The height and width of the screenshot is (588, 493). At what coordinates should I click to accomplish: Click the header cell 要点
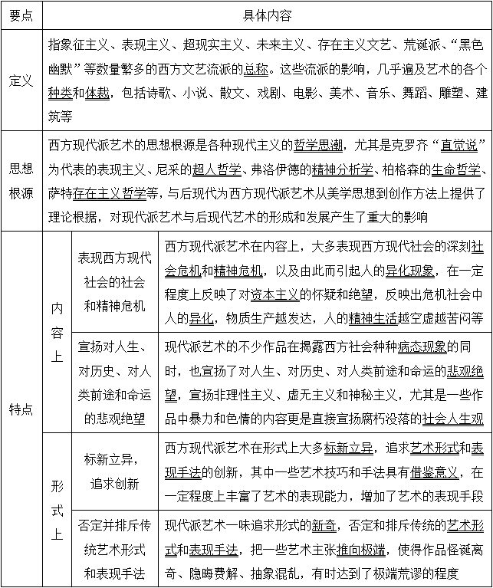point(21,15)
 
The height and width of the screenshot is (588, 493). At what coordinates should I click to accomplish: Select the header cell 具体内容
point(266,15)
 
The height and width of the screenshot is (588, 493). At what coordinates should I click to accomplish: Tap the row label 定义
point(21,80)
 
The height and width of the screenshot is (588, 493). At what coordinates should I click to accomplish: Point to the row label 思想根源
point(21,181)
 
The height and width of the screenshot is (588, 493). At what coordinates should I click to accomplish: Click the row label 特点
point(21,409)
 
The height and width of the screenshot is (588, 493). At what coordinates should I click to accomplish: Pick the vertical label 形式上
point(58,510)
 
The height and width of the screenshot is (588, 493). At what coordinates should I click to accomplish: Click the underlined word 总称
point(256,67)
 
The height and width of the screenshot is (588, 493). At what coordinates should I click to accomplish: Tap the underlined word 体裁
point(97,94)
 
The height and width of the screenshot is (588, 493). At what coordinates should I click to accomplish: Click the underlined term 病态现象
point(422,346)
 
